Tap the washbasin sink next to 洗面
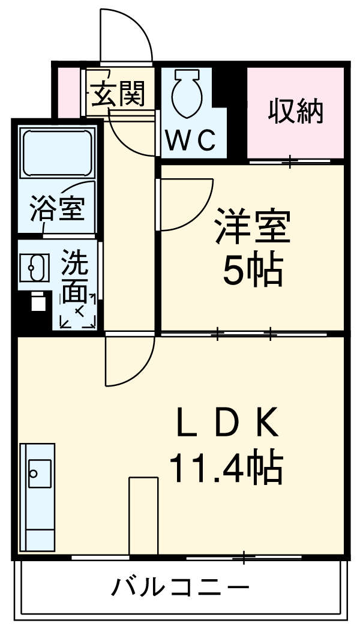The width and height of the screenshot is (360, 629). (35, 267)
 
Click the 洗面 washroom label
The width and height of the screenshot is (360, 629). (76, 277)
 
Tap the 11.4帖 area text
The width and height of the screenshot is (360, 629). (226, 469)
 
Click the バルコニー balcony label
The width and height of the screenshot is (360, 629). (179, 587)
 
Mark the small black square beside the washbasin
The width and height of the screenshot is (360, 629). (38, 302)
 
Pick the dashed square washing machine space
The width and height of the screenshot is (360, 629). (78, 311)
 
